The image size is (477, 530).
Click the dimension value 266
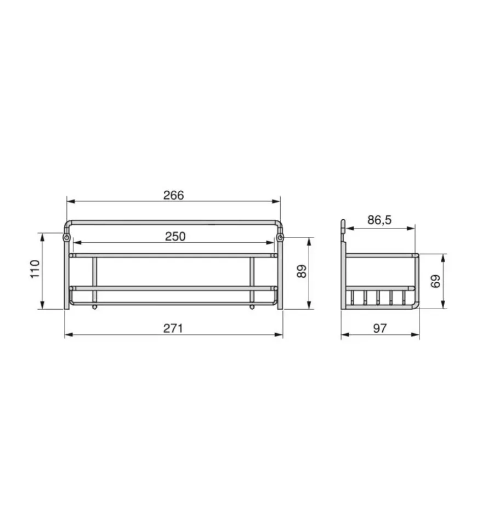coord(173,195)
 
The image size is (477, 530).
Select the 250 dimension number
coord(175,237)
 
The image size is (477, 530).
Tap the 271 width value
coord(173,328)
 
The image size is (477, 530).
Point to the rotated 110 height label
coord(35,269)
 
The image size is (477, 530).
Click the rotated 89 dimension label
coord(302,271)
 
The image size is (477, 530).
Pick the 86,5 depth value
coord(379,220)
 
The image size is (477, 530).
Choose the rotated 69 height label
coord(435,281)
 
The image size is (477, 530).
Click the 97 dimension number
coord(379,328)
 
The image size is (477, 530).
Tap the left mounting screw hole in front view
coord(66,238)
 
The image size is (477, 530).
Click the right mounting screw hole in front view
coord(280,238)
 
